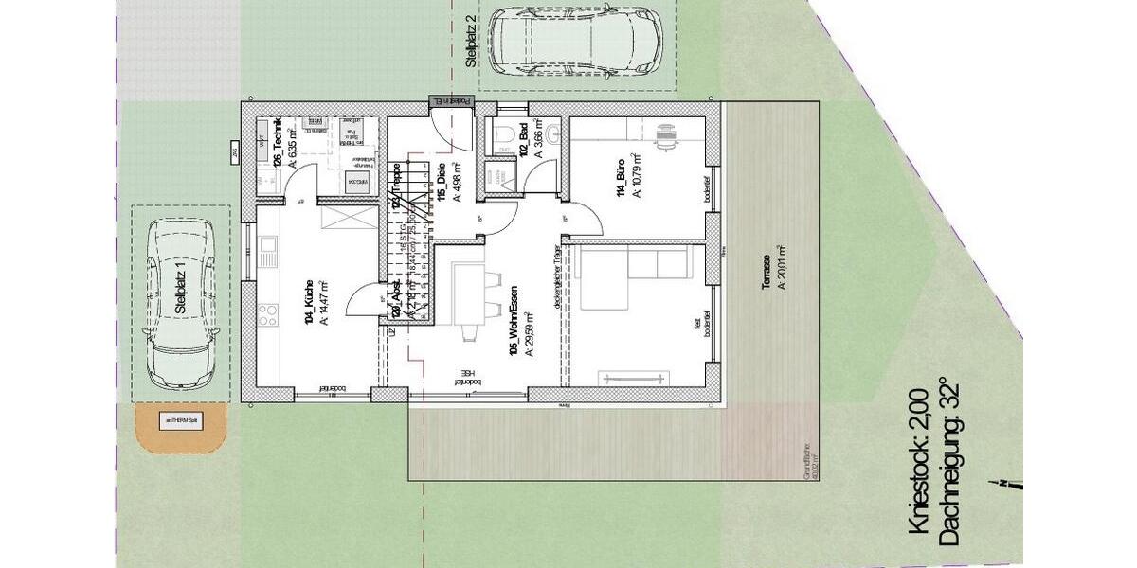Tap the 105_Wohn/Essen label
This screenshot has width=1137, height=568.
tap(513, 327)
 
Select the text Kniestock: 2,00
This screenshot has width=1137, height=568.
tap(919, 464)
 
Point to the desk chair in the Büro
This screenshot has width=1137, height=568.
tap(670, 135)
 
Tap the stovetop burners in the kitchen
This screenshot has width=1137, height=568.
tap(268, 311)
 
